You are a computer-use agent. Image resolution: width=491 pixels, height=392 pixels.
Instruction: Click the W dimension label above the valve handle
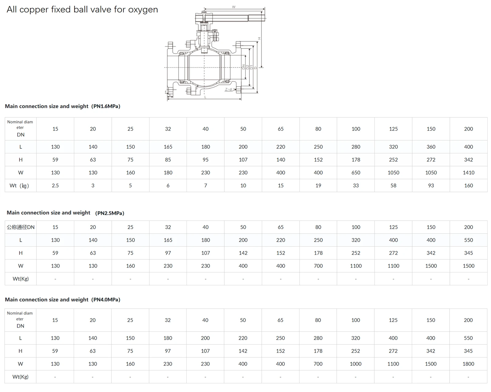point(234,7)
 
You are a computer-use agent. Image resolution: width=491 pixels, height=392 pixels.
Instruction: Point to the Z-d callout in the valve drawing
point(228,89)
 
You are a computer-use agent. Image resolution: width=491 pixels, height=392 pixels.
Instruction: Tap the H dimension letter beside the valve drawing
point(259,38)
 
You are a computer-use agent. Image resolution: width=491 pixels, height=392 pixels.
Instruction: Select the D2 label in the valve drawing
point(248,67)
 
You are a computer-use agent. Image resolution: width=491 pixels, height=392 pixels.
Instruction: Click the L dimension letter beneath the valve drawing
point(205,97)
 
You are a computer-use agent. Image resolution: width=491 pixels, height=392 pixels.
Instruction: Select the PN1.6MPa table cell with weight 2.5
point(55,186)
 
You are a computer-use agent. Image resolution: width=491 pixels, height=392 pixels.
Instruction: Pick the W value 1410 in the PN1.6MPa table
point(468,173)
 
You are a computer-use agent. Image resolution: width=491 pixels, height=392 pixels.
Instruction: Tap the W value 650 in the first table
point(356,173)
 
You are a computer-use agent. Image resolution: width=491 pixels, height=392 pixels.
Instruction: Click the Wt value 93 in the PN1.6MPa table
point(431,186)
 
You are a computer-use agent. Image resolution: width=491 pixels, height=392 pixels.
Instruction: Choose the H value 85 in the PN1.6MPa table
point(168,160)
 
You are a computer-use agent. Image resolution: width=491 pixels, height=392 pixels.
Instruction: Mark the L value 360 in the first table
point(431,147)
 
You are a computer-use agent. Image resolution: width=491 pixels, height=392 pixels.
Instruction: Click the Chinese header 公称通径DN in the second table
point(21,227)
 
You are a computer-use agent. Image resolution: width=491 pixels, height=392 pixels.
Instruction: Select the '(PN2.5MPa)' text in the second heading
point(110,213)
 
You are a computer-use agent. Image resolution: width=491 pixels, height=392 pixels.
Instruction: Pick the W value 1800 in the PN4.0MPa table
point(468,364)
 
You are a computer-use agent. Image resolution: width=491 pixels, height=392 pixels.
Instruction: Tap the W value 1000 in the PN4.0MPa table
point(355,364)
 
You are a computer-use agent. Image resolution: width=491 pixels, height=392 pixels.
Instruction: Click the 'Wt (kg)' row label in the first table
point(19,186)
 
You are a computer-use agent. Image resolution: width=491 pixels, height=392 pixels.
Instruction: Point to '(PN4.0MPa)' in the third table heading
point(106,300)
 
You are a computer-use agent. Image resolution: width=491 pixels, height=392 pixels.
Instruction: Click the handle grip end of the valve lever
point(257,18)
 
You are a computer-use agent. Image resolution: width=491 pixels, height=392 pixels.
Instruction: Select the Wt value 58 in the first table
point(393,186)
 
